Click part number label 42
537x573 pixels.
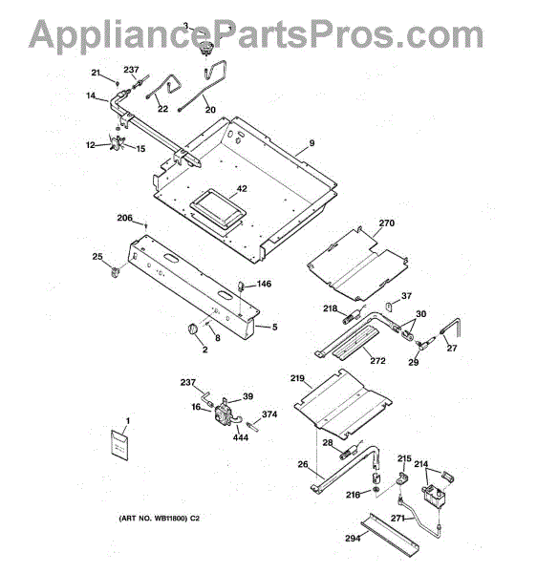(x=242, y=188)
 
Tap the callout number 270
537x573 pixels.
(x=387, y=223)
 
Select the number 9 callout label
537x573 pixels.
(x=311, y=143)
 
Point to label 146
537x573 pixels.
(x=264, y=284)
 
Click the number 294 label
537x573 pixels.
(x=353, y=538)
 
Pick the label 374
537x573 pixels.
(x=269, y=414)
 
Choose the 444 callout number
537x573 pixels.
(x=241, y=437)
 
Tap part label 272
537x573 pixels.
(x=377, y=361)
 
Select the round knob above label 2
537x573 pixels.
(x=192, y=329)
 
